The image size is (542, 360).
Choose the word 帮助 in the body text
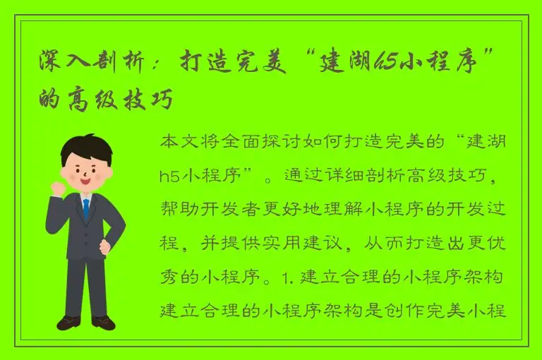click(177, 208)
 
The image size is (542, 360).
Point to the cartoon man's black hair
click(85, 146)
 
